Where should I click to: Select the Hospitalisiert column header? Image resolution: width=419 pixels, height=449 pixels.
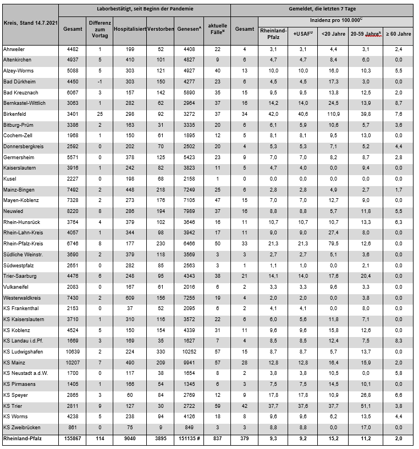click(x=129, y=28)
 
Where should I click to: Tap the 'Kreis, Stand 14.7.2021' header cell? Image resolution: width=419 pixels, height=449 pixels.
click(x=29, y=24)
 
